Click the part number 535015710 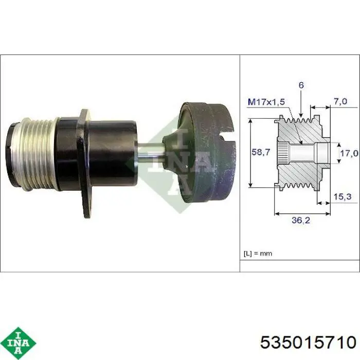308,342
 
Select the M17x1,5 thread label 266,102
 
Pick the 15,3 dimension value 343,196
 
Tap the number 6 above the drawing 301,85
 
